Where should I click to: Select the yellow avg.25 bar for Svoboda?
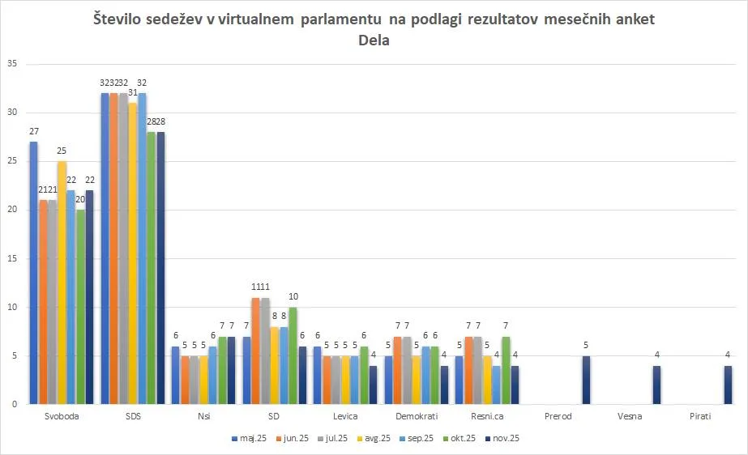[x=62, y=283]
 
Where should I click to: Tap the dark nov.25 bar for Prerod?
[x=586, y=380]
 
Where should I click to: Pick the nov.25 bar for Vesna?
[x=657, y=385]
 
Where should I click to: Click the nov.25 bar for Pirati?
[x=729, y=385]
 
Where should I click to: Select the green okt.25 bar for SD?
[x=293, y=355]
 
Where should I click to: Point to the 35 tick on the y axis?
[x=11, y=64]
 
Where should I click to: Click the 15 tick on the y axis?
[x=11, y=258]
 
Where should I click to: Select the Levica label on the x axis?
[x=344, y=416]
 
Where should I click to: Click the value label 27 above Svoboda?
[x=33, y=131]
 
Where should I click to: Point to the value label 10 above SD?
[x=293, y=296]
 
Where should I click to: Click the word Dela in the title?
[x=374, y=40]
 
